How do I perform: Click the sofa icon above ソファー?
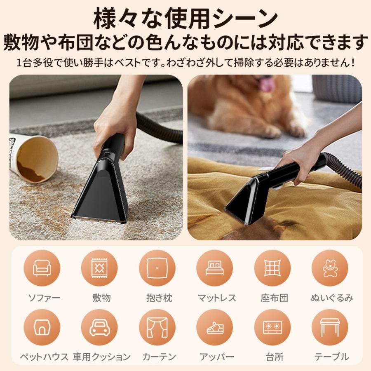tap(42, 268)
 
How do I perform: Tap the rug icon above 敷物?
tap(99, 268)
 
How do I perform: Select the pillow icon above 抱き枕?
tap(157, 268)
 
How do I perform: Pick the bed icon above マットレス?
tap(214, 268)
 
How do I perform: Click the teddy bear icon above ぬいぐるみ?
tap(330, 268)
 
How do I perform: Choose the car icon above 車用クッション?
tap(99, 328)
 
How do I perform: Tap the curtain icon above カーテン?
tap(157, 328)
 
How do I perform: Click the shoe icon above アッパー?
tap(214, 328)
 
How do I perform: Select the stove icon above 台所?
tap(272, 328)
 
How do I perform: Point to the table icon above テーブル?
tap(330, 328)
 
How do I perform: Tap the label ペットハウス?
tap(44, 357)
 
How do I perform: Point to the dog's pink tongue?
tap(267, 84)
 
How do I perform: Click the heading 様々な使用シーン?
tap(185, 19)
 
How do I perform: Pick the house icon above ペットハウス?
tap(42, 328)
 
